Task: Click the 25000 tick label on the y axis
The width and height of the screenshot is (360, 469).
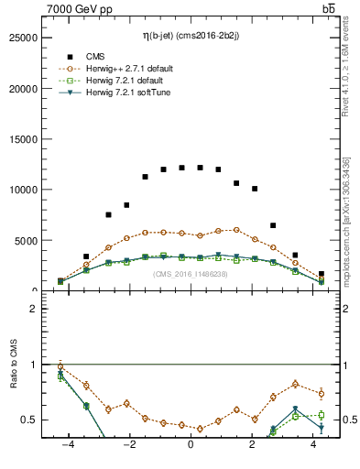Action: [x=22, y=38]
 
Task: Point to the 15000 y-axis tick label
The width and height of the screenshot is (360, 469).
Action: [x=22, y=139]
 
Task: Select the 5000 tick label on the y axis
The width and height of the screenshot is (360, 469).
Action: [x=25, y=240]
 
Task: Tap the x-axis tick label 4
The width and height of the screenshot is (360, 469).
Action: [x=314, y=442]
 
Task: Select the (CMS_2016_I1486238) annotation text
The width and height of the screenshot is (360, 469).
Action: [x=191, y=274]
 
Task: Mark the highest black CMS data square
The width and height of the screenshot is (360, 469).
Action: [x=181, y=168]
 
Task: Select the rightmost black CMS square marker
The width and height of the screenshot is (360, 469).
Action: [x=321, y=274]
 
